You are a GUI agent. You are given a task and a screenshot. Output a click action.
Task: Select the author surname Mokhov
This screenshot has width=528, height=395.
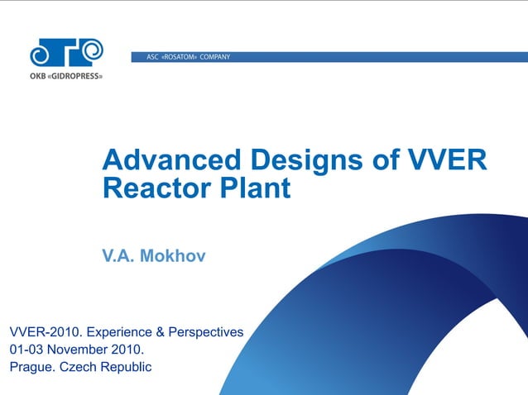(172, 256)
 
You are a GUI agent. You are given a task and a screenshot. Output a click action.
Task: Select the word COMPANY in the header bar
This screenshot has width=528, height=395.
(214, 57)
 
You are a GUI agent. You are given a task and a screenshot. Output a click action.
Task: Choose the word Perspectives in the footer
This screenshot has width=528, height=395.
(205, 332)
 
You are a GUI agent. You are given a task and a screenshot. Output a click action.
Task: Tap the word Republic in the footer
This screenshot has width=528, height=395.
(126, 367)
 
